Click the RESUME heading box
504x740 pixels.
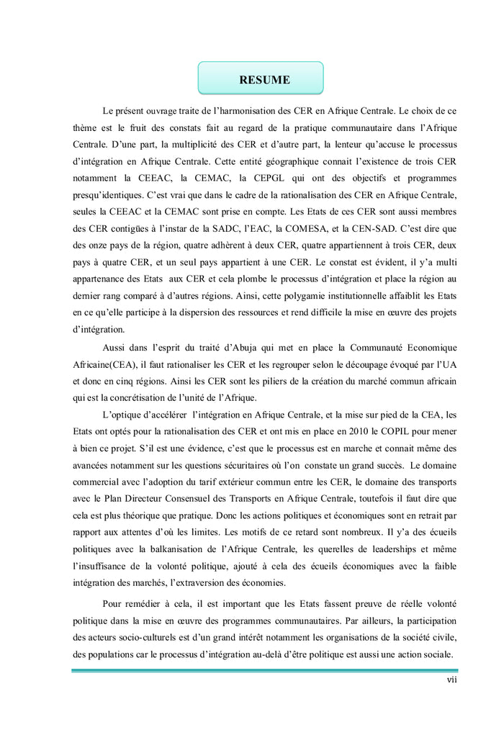pos(261,78)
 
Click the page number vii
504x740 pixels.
pos(451,680)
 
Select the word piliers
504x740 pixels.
pos(239,381)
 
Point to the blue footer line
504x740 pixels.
pos(264,670)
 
